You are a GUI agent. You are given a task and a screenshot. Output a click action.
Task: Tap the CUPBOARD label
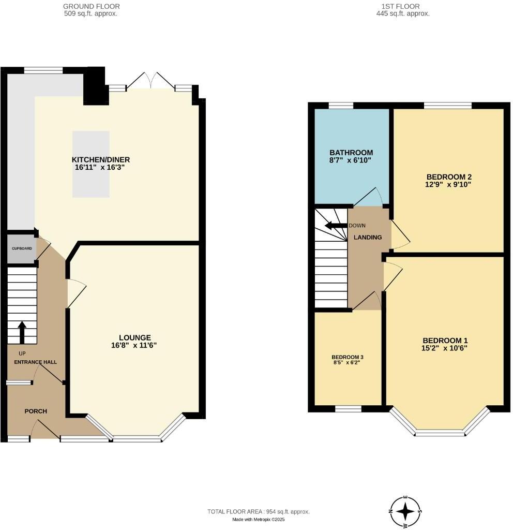point(22,248)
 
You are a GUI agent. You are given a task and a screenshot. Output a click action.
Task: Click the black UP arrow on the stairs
point(22,332)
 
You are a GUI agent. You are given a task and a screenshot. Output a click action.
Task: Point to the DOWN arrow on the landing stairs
point(335,226)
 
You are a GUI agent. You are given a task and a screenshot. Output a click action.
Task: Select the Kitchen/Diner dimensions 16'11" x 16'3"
point(100,168)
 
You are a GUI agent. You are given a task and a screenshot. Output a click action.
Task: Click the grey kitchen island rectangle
point(91,164)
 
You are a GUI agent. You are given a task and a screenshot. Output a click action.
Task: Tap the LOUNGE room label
point(134,337)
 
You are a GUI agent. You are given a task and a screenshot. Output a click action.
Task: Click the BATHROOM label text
point(351,153)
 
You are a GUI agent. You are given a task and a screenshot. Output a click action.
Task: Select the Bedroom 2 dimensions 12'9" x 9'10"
point(448,185)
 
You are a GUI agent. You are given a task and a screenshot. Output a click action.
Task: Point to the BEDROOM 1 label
point(445,340)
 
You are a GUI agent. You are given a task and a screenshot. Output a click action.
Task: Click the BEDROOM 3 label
point(348,357)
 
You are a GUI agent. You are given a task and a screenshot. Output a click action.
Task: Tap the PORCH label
point(36,411)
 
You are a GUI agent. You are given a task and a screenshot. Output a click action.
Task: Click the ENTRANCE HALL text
point(35,362)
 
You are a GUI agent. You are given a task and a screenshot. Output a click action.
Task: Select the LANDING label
point(367,238)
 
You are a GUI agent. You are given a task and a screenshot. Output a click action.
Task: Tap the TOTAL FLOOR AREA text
point(259,511)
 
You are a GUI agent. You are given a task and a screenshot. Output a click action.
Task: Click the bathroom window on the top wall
point(341,106)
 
